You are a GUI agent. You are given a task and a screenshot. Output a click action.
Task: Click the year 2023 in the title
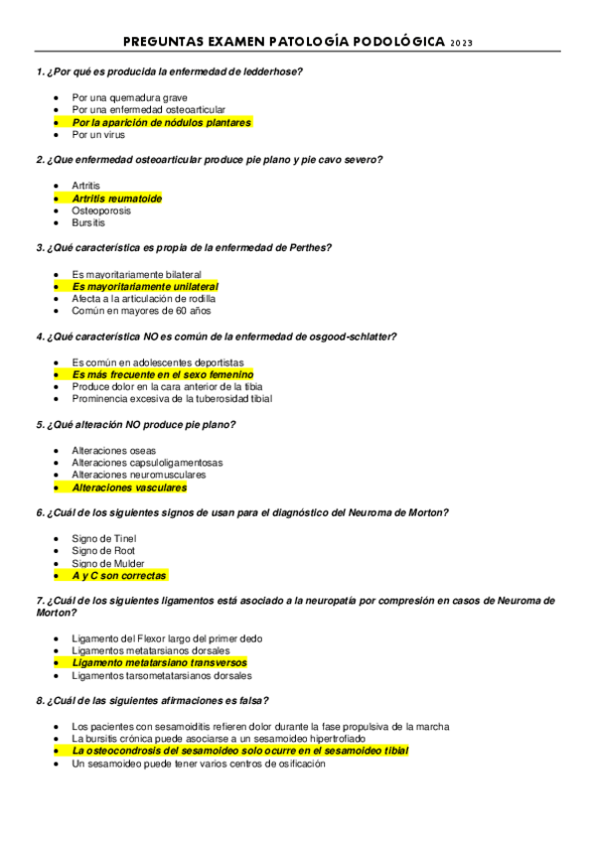point(462,43)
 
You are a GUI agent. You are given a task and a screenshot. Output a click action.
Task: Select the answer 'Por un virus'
point(98,135)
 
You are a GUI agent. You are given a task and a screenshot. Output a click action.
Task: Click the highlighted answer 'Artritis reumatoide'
point(116,199)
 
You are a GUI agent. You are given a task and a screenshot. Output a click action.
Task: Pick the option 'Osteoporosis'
point(101,210)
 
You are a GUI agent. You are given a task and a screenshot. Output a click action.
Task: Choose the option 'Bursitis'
point(88,223)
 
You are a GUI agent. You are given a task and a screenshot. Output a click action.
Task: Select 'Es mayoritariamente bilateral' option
point(137,274)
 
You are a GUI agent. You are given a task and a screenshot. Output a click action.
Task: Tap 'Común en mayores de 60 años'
point(142,311)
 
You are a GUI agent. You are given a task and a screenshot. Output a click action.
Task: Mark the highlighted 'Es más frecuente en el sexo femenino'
point(163,374)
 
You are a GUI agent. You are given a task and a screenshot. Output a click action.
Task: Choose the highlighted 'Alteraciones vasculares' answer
point(129,488)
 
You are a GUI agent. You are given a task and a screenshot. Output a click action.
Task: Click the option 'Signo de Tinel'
point(104,538)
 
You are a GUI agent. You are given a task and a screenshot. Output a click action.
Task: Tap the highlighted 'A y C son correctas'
point(119,576)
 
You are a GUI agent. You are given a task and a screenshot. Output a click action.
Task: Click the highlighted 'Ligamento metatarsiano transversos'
point(159,662)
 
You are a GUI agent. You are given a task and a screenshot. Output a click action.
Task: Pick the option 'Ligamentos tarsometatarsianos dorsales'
point(162,675)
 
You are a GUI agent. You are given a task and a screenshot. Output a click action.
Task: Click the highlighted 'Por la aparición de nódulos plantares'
point(161,122)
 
